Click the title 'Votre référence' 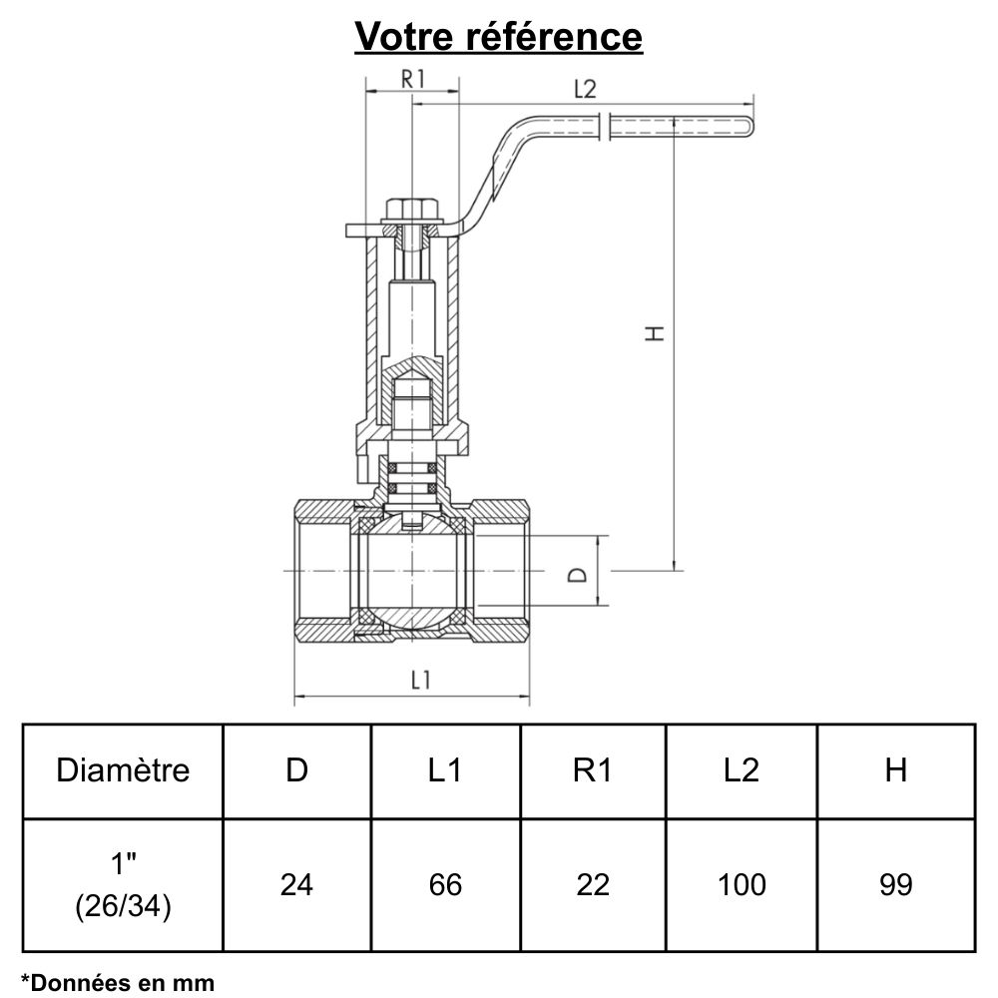(x=499, y=37)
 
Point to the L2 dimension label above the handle (x=585, y=88)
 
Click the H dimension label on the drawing (x=655, y=332)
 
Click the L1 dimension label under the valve (x=421, y=681)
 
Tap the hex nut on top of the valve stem (x=412, y=211)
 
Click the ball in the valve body (x=411, y=575)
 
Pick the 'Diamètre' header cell (x=123, y=770)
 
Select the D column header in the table (x=296, y=770)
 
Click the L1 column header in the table (x=445, y=770)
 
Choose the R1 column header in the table (x=593, y=770)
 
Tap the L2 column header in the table (x=741, y=770)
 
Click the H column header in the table (x=895, y=770)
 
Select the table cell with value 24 (x=296, y=884)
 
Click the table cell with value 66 (x=445, y=884)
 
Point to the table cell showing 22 (x=593, y=884)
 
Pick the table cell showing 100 (x=741, y=884)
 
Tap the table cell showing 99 (x=895, y=884)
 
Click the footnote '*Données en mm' (x=118, y=982)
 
